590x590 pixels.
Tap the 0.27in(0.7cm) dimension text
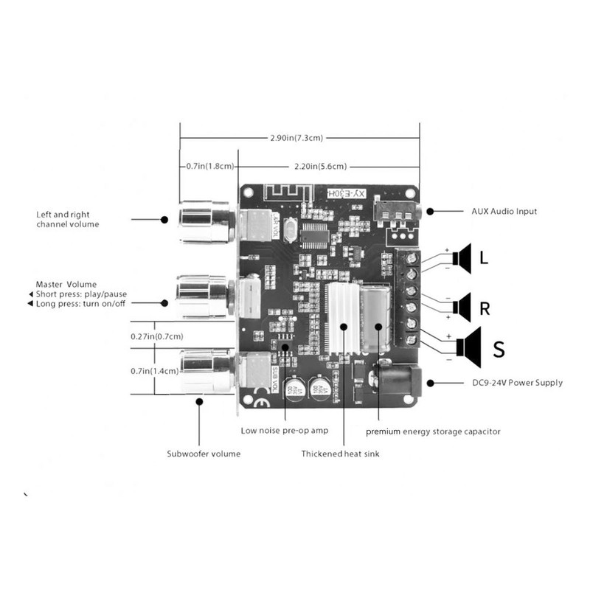pyautogui.click(x=156, y=336)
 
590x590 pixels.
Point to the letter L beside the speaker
pyautogui.click(x=483, y=259)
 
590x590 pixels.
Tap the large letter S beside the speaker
pyautogui.click(x=499, y=349)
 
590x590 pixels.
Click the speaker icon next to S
pyautogui.click(x=468, y=345)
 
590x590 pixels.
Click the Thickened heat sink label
pyautogui.click(x=340, y=454)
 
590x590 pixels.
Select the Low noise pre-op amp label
pyautogui.click(x=285, y=430)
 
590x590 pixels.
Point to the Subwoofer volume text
pyautogui.click(x=203, y=454)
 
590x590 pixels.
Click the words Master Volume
pyautogui.click(x=66, y=284)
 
